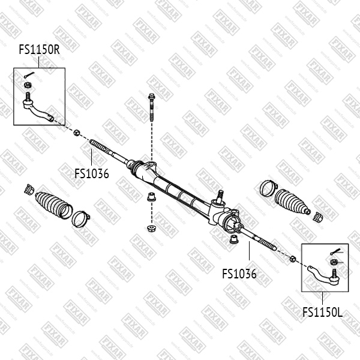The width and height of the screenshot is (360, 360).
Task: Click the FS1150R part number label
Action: point(39,50)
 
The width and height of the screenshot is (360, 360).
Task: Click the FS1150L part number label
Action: point(322,312)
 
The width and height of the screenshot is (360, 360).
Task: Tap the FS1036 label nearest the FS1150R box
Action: point(91,174)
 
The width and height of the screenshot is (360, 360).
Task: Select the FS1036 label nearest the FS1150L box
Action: point(239,274)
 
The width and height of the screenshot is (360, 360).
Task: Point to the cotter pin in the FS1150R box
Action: point(29,74)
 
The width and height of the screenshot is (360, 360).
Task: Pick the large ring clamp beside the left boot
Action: point(80,217)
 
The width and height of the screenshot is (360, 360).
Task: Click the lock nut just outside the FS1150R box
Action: point(77,131)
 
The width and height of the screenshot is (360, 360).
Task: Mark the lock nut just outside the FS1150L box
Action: point(293,259)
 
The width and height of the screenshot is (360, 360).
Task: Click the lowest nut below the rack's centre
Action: point(151,228)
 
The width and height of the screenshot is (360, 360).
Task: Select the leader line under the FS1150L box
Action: point(323,298)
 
